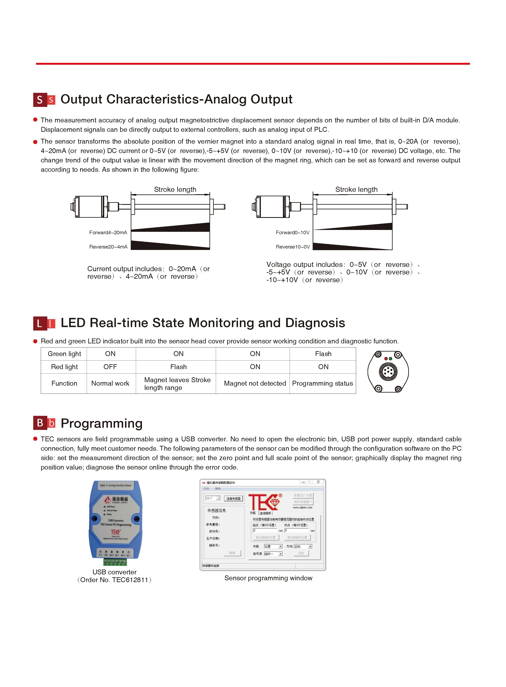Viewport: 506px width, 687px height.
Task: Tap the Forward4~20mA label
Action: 108,233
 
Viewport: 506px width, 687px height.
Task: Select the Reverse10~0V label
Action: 292,247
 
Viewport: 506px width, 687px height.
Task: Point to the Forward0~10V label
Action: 292,233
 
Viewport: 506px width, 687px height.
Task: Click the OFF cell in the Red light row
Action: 110,367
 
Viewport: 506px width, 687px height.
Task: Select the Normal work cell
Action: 110,383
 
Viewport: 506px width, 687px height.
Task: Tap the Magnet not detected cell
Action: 255,383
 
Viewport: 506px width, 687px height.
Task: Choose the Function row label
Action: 64,383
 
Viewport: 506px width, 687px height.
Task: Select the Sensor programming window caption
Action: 268,578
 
